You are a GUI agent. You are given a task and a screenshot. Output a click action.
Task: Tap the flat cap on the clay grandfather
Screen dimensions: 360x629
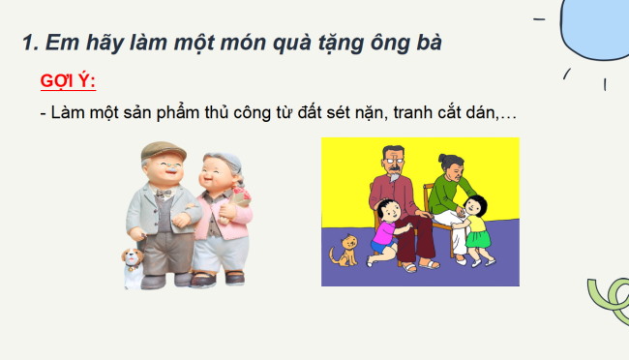tap(162, 152)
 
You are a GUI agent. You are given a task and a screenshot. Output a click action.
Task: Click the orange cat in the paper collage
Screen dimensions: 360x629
tap(342, 254)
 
